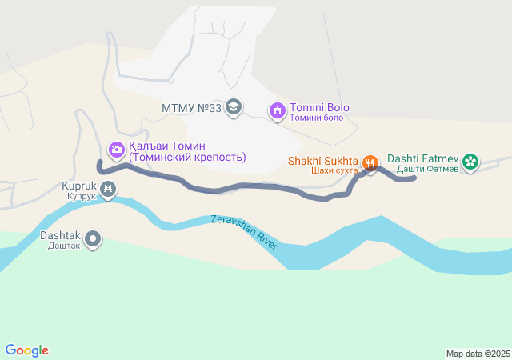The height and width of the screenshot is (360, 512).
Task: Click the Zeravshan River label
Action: click(245, 232)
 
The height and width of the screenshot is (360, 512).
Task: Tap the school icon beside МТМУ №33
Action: click(234, 108)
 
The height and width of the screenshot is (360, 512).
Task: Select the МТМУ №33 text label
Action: click(191, 108)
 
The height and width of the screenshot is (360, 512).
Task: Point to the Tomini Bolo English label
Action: click(319, 108)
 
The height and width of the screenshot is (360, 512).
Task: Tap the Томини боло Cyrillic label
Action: click(316, 118)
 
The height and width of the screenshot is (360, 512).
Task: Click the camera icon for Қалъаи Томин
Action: click(116, 149)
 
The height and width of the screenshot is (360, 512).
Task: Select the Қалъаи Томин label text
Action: click(167, 146)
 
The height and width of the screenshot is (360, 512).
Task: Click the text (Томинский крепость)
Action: click(187, 158)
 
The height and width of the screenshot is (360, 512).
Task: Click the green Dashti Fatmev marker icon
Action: click(470, 162)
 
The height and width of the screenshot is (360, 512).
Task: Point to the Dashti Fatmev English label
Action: click(423, 158)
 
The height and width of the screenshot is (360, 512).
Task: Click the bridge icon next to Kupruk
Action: click(108, 190)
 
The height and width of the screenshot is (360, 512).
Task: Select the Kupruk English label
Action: click(79, 186)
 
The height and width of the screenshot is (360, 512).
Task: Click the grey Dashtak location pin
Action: click(94, 238)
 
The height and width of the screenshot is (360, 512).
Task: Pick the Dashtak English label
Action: click(60, 235)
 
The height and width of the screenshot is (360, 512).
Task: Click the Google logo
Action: click(27, 350)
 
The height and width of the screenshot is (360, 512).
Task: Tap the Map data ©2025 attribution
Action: click(478, 354)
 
